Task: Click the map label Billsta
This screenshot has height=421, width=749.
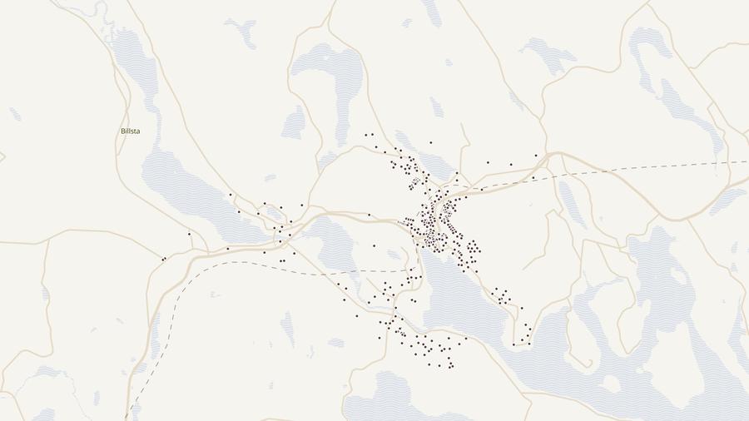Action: (x=130, y=131)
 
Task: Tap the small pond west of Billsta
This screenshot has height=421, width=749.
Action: (x=14, y=114)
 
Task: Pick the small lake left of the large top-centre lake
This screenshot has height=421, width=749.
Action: (x=294, y=123)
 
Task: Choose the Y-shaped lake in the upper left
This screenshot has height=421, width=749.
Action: (x=242, y=32)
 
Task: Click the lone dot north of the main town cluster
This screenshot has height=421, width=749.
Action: (x=430, y=142)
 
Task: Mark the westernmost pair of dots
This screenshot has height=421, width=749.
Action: (x=164, y=259)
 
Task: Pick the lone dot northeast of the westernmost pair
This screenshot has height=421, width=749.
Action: (x=189, y=234)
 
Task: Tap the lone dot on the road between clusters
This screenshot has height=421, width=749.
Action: (x=369, y=215)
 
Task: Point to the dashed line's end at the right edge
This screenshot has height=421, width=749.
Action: (x=747, y=161)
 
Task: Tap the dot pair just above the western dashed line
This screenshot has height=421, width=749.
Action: (x=282, y=260)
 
